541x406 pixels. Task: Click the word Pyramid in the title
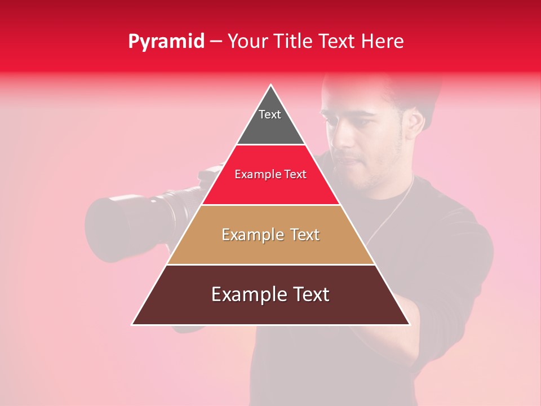coord(166,42)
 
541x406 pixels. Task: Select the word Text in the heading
coord(338,42)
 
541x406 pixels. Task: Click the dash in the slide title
coord(216,42)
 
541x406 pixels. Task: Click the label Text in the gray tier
coord(269,114)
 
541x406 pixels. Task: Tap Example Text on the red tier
coord(270,174)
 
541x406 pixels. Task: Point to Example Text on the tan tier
coord(270,235)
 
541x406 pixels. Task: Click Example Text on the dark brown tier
coord(270,294)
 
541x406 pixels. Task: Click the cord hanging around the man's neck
coord(394,209)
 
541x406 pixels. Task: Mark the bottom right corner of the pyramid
coord(409,324)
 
